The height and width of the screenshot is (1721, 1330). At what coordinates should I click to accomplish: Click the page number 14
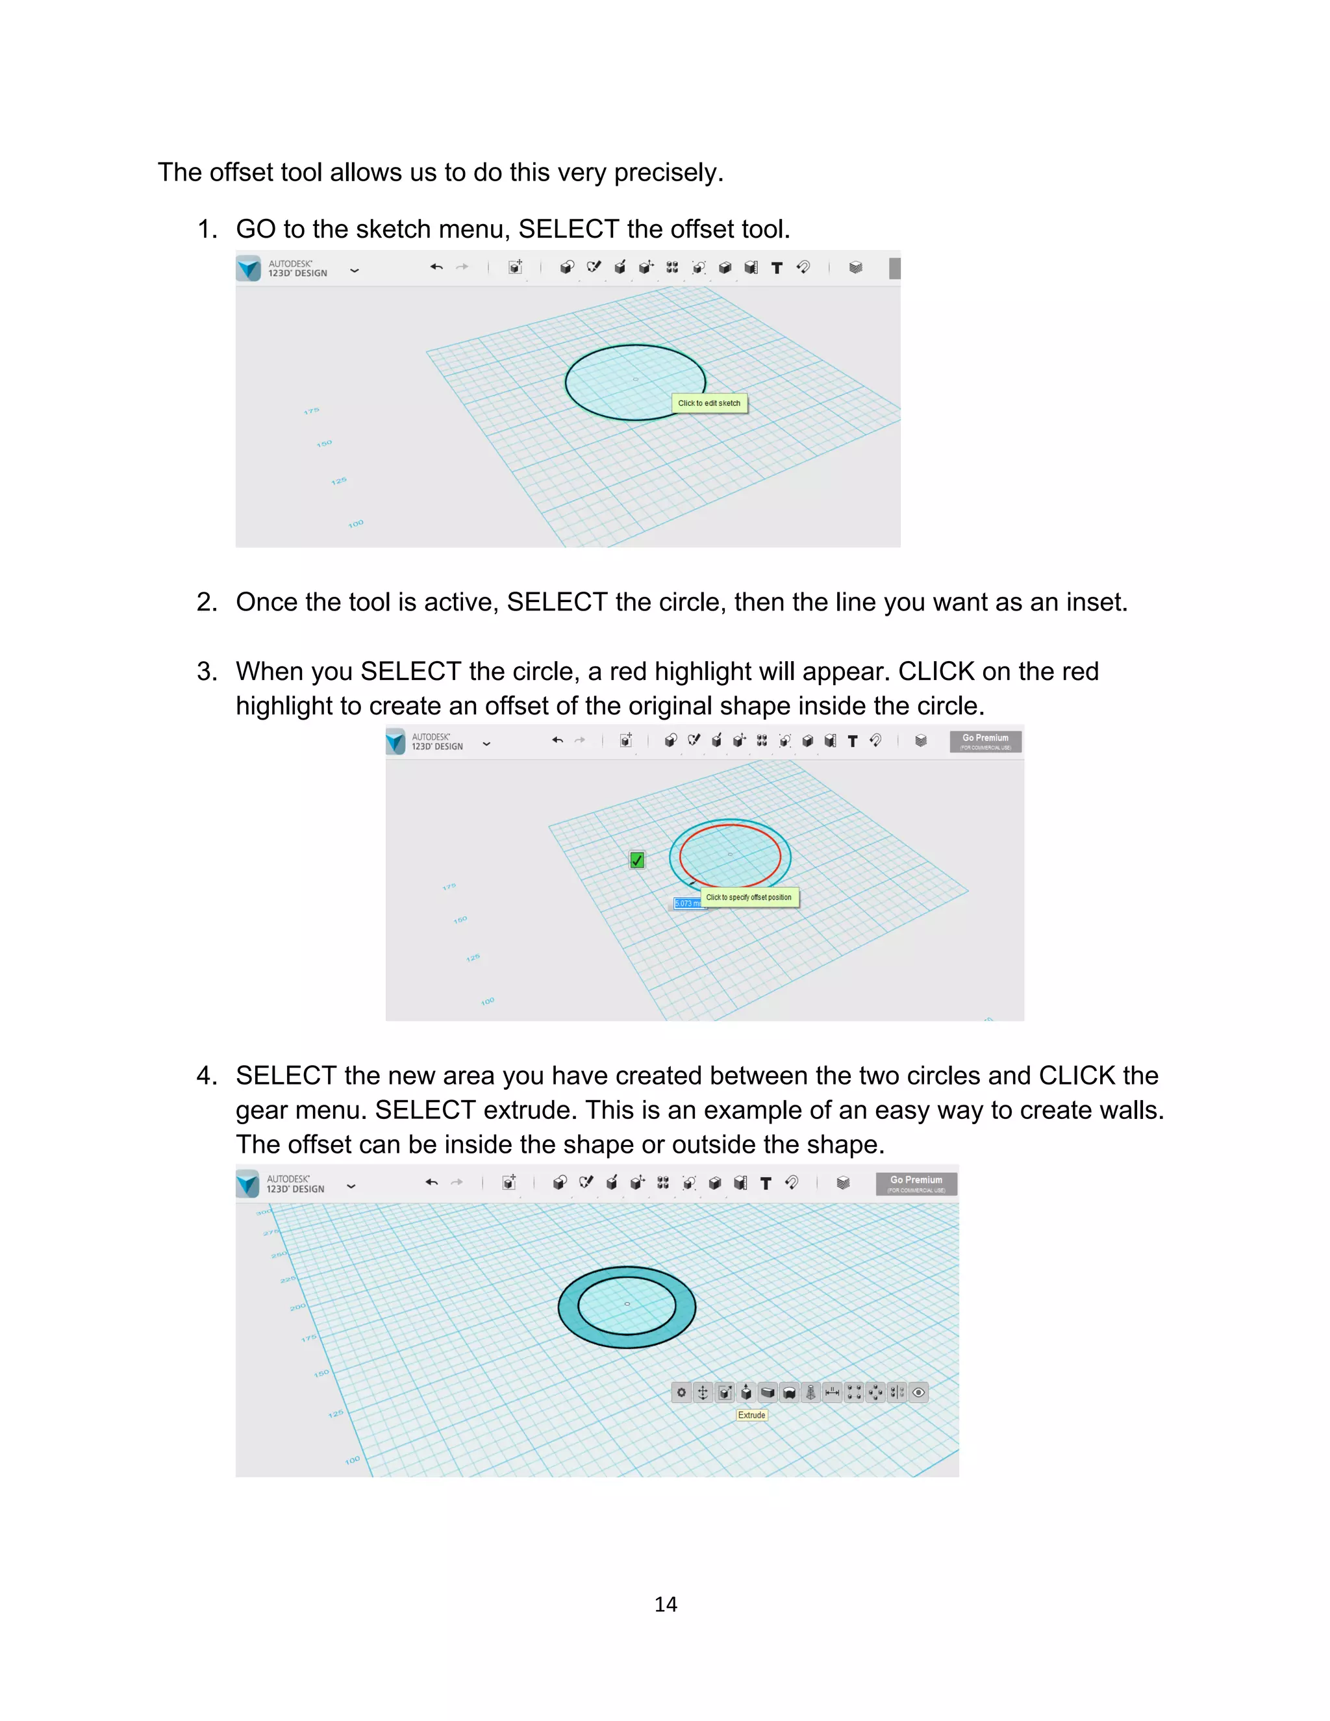pos(665,1603)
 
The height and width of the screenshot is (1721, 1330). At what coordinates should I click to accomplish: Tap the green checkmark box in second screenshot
pos(636,860)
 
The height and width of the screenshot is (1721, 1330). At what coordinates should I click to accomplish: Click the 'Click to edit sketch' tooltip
pos(709,403)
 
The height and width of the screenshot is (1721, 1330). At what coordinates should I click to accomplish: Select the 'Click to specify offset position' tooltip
pos(749,897)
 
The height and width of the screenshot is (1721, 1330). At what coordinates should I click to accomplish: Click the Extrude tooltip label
pos(751,1414)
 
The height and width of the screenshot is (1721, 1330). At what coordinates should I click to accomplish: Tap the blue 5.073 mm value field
pos(686,903)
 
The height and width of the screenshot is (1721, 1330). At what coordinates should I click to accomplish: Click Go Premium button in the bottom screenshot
pos(916,1183)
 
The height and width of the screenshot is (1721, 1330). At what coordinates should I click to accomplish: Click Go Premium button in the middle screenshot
pos(985,741)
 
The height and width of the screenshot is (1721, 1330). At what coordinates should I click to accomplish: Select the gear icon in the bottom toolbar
pos(681,1392)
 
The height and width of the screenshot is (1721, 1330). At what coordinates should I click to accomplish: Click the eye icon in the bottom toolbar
pos(918,1392)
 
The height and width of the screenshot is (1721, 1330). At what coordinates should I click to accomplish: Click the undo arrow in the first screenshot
pos(436,267)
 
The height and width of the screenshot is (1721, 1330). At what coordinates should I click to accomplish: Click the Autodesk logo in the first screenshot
pos(248,268)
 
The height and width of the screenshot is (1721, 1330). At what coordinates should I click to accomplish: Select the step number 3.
pos(206,672)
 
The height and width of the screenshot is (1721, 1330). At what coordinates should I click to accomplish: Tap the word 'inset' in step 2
pos(1094,602)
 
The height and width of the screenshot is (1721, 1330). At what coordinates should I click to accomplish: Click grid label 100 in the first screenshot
pos(356,523)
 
